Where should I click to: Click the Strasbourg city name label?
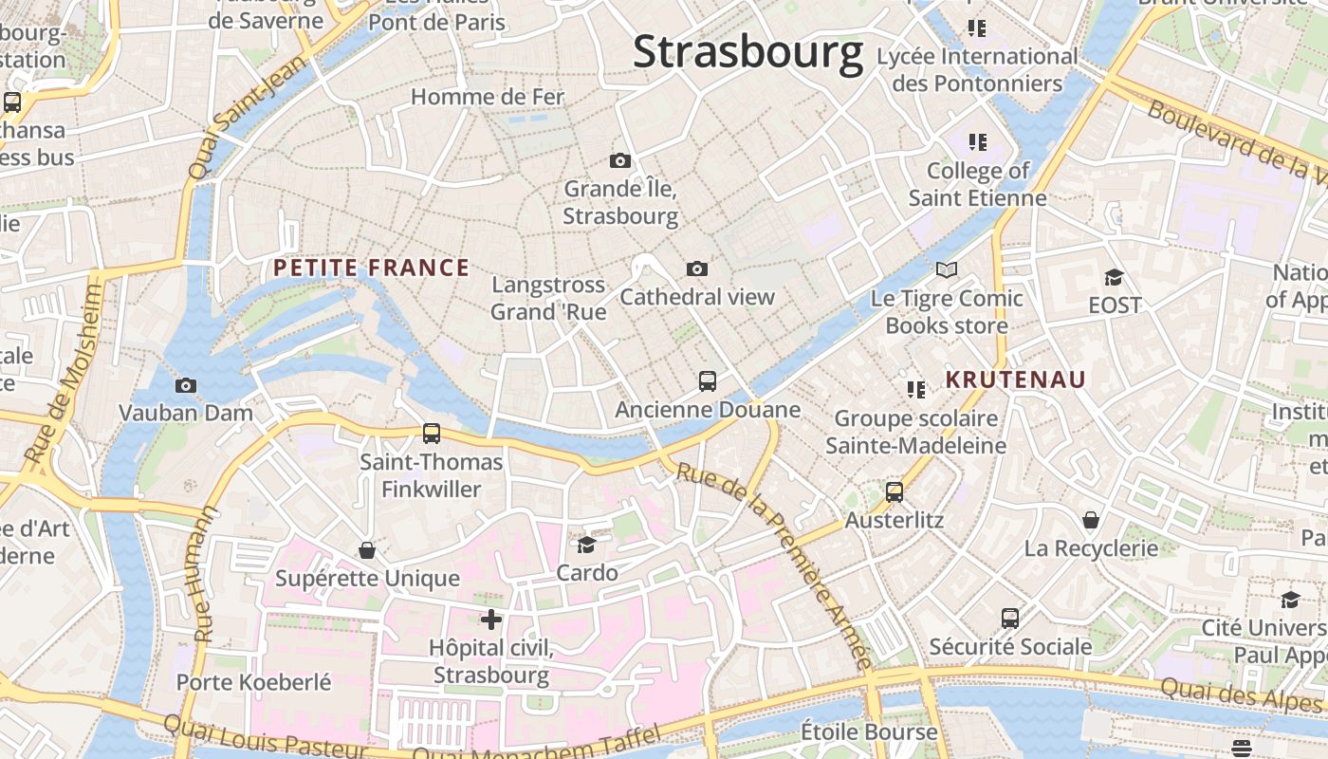[x=747, y=51]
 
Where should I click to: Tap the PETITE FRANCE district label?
[x=371, y=268]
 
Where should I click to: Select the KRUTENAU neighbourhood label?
[x=1015, y=380]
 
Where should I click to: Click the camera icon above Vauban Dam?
[x=186, y=385]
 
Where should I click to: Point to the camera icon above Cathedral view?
[x=697, y=269]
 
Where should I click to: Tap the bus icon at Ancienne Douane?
[x=708, y=381]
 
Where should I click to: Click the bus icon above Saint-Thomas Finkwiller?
[x=432, y=434]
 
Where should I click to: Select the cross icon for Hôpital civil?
[x=490, y=620]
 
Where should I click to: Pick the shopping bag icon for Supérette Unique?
[x=367, y=550]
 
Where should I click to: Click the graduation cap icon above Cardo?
[x=587, y=545]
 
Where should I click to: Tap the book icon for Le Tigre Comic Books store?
[x=946, y=270]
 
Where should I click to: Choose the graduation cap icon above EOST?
[x=1114, y=278]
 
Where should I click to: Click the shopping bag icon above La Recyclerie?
[x=1091, y=520]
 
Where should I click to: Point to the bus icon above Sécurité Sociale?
[x=1010, y=619]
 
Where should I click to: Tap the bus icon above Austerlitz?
[x=895, y=492]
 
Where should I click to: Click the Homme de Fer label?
[x=487, y=97]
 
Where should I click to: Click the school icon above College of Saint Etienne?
[x=977, y=143]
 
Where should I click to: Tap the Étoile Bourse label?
[x=869, y=732]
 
